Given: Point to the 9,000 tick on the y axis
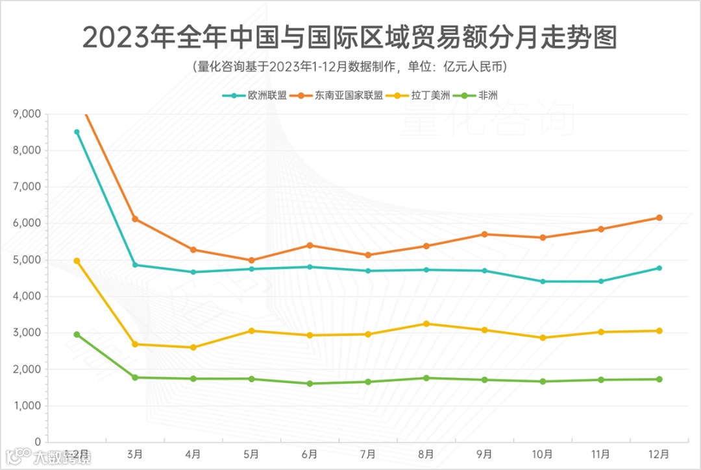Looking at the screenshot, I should click(x=27, y=114).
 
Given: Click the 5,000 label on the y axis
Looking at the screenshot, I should click(x=27, y=260).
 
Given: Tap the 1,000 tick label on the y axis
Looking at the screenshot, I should click(x=27, y=406).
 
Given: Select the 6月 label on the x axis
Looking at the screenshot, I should click(x=310, y=453).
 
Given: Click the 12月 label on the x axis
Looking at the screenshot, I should click(x=659, y=453).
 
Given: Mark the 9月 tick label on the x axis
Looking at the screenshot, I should click(x=484, y=453).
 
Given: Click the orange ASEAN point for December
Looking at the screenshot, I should click(x=659, y=218).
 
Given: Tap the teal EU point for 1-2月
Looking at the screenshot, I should click(x=77, y=132).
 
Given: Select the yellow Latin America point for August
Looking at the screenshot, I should click(x=426, y=323).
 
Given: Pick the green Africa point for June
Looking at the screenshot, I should click(x=310, y=384).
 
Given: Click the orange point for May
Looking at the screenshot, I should click(x=251, y=260).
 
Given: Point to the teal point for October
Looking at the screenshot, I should click(x=543, y=281).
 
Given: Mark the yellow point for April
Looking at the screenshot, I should click(x=193, y=347).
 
